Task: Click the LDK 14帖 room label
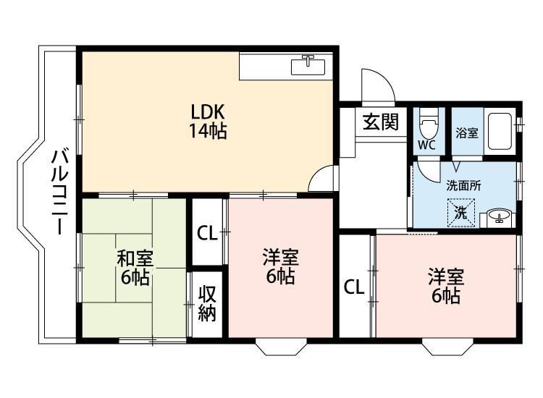pos(209,122)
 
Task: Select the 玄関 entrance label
pos(381,122)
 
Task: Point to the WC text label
pos(426,145)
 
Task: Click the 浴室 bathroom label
pos(466,133)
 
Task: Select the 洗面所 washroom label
pos(463,185)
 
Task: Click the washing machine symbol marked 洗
pos(461,212)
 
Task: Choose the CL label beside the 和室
pos(207,234)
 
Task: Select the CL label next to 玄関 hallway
pos(353,287)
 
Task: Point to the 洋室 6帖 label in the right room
pos(444,286)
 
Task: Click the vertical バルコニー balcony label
pos(60,190)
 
